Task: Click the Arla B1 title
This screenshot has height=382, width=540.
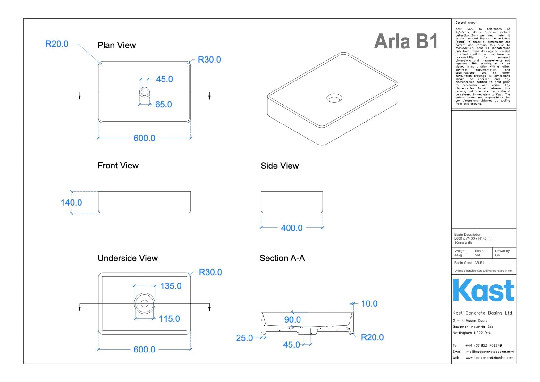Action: [406, 42]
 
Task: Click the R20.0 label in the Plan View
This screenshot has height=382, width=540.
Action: [57, 44]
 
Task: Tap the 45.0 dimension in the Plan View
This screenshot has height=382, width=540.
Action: [164, 79]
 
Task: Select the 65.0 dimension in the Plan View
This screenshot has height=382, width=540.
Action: [163, 105]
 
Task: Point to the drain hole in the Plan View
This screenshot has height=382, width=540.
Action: [144, 92]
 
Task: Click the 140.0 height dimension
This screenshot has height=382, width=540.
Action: [71, 203]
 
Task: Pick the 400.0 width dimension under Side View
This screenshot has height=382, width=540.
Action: [291, 228]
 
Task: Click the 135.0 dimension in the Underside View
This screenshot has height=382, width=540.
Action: [171, 286]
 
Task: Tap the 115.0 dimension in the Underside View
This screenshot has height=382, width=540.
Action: [169, 319]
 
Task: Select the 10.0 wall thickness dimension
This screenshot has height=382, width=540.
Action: [369, 304]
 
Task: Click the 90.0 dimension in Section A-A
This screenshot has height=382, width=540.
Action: [292, 320]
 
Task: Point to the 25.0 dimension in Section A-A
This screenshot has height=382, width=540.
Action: [244, 338]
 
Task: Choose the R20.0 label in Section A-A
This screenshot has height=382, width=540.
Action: [372, 337]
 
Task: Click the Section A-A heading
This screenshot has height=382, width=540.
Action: [282, 258]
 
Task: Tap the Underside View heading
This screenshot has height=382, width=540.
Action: [128, 258]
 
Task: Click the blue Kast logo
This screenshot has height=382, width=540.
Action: [483, 291]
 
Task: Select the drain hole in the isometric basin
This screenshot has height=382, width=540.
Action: [334, 98]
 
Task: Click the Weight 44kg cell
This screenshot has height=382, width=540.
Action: [460, 253]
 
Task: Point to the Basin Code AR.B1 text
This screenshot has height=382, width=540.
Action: [469, 263]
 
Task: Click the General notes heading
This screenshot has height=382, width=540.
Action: [465, 23]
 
